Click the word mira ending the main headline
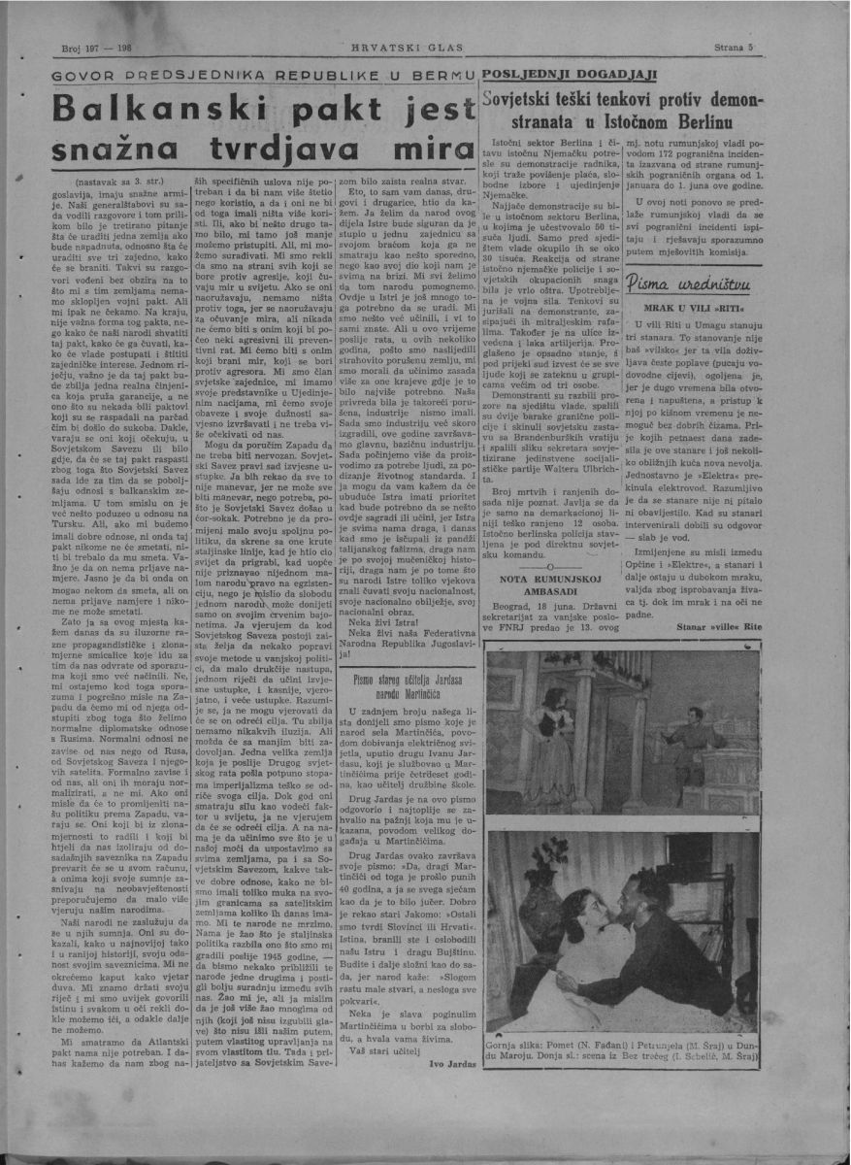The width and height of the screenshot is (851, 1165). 417,152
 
